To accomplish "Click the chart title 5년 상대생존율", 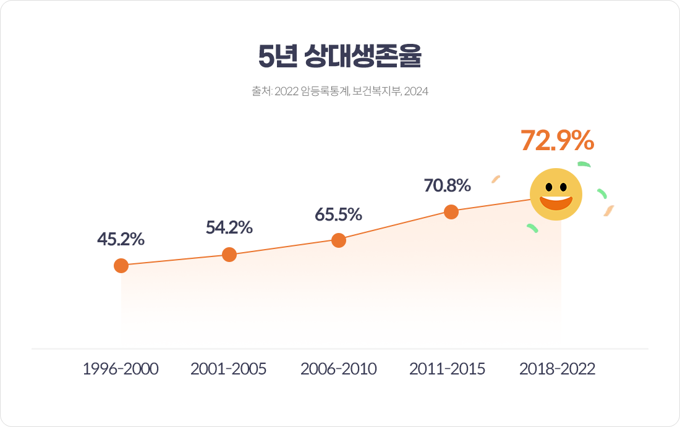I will coord(339,57).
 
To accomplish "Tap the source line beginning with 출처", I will coord(339,91).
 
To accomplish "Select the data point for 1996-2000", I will coord(121,266).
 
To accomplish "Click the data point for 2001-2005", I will coord(229,255).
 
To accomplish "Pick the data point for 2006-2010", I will coord(339,240).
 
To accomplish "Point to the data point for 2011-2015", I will coord(451,212).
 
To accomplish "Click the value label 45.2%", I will coord(121,239).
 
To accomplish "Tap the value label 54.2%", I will coord(229,227).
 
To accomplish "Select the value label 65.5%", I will coord(338,214).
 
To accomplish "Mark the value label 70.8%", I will coord(448,185).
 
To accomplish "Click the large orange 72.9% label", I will coord(557,141).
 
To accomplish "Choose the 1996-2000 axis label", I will coord(121,370).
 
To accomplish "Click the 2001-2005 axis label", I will coord(229,370).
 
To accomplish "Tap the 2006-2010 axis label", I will coord(338,370).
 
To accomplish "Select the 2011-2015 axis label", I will coord(448,370).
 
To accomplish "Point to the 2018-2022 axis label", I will coord(557,370).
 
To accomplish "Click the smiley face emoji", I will coord(556,194).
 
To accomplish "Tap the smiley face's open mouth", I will coord(556,203).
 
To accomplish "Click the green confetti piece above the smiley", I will coord(584,164).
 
